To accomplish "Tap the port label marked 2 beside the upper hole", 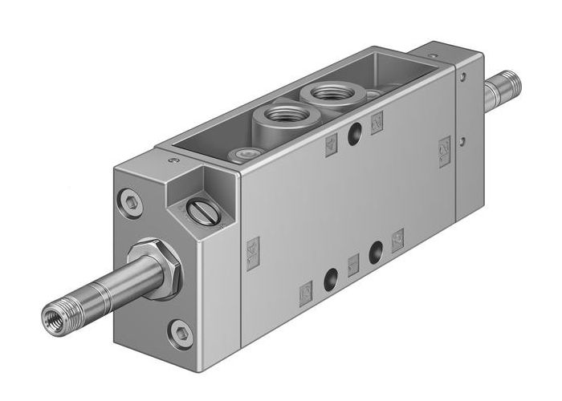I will pyautogui.click(x=377, y=122).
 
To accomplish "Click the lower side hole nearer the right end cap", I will pyautogui.click(x=374, y=251).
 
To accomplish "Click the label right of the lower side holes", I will pyautogui.click(x=397, y=237).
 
